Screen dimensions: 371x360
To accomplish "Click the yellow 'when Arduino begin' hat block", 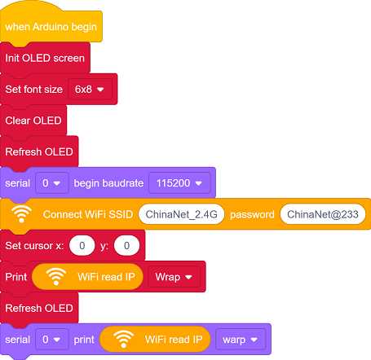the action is tap(51, 27).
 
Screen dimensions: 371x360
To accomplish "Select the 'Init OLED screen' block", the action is tap(45, 58).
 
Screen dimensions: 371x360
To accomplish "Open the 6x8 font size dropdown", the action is tap(90, 90).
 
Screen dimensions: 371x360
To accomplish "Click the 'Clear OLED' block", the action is tap(33, 121).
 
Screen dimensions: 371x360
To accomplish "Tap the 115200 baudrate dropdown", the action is tap(179, 183).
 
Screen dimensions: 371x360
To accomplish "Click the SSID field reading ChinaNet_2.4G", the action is tap(181, 214).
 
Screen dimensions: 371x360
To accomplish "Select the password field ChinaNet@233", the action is tap(323, 214).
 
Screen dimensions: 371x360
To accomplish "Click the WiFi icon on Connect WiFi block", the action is tap(21, 213).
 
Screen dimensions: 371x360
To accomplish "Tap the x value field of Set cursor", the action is tap(82, 246).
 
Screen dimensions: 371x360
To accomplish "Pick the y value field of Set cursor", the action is tap(126, 246).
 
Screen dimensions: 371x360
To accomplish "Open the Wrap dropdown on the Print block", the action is tap(174, 277).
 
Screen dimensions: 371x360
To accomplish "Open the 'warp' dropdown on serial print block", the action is tap(241, 340).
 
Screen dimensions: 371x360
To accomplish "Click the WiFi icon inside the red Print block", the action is tap(56, 276).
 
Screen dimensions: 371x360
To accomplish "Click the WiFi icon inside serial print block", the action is tap(123, 339).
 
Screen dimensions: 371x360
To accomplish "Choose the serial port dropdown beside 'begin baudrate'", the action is tap(52, 183).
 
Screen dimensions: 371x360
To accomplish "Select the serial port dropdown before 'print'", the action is tap(52, 340).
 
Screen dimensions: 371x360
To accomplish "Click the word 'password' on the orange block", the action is tap(252, 215).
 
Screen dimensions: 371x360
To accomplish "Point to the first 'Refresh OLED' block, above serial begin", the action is tap(39, 151).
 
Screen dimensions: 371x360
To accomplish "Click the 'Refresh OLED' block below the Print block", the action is tap(39, 308).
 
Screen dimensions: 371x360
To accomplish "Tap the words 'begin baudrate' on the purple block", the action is tap(108, 183).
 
